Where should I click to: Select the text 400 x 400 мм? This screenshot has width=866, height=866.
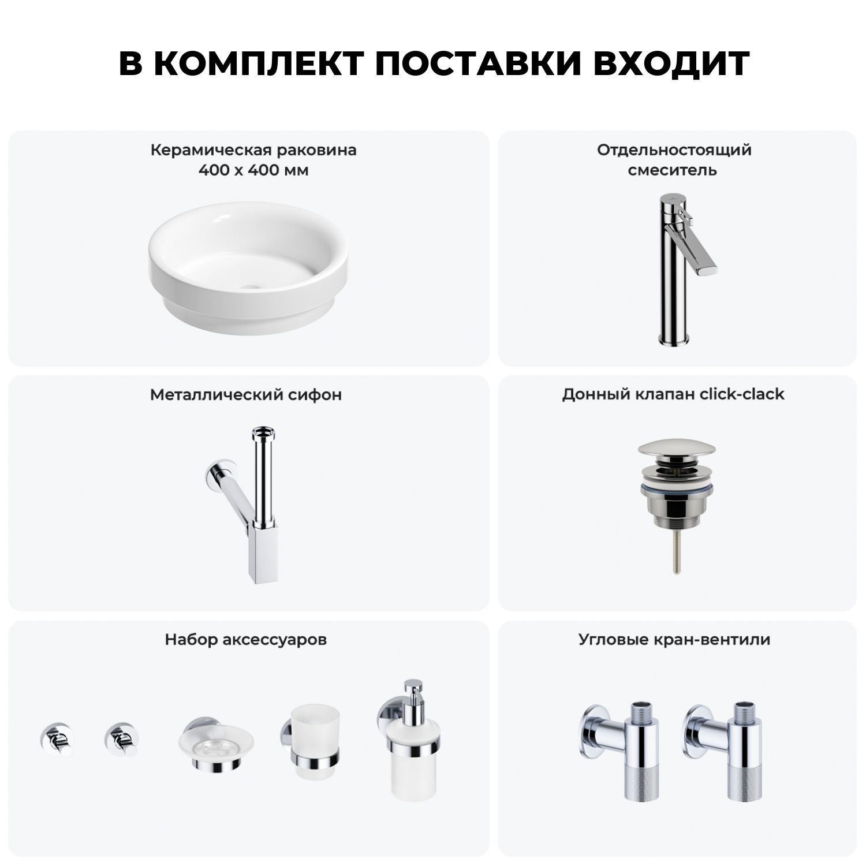coord(253,170)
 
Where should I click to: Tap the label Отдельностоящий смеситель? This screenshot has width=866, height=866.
coord(674,160)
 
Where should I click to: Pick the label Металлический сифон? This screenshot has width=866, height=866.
coord(246,394)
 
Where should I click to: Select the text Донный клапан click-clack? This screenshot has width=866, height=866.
coord(673,394)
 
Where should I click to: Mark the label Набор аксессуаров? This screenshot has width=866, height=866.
coord(246,640)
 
